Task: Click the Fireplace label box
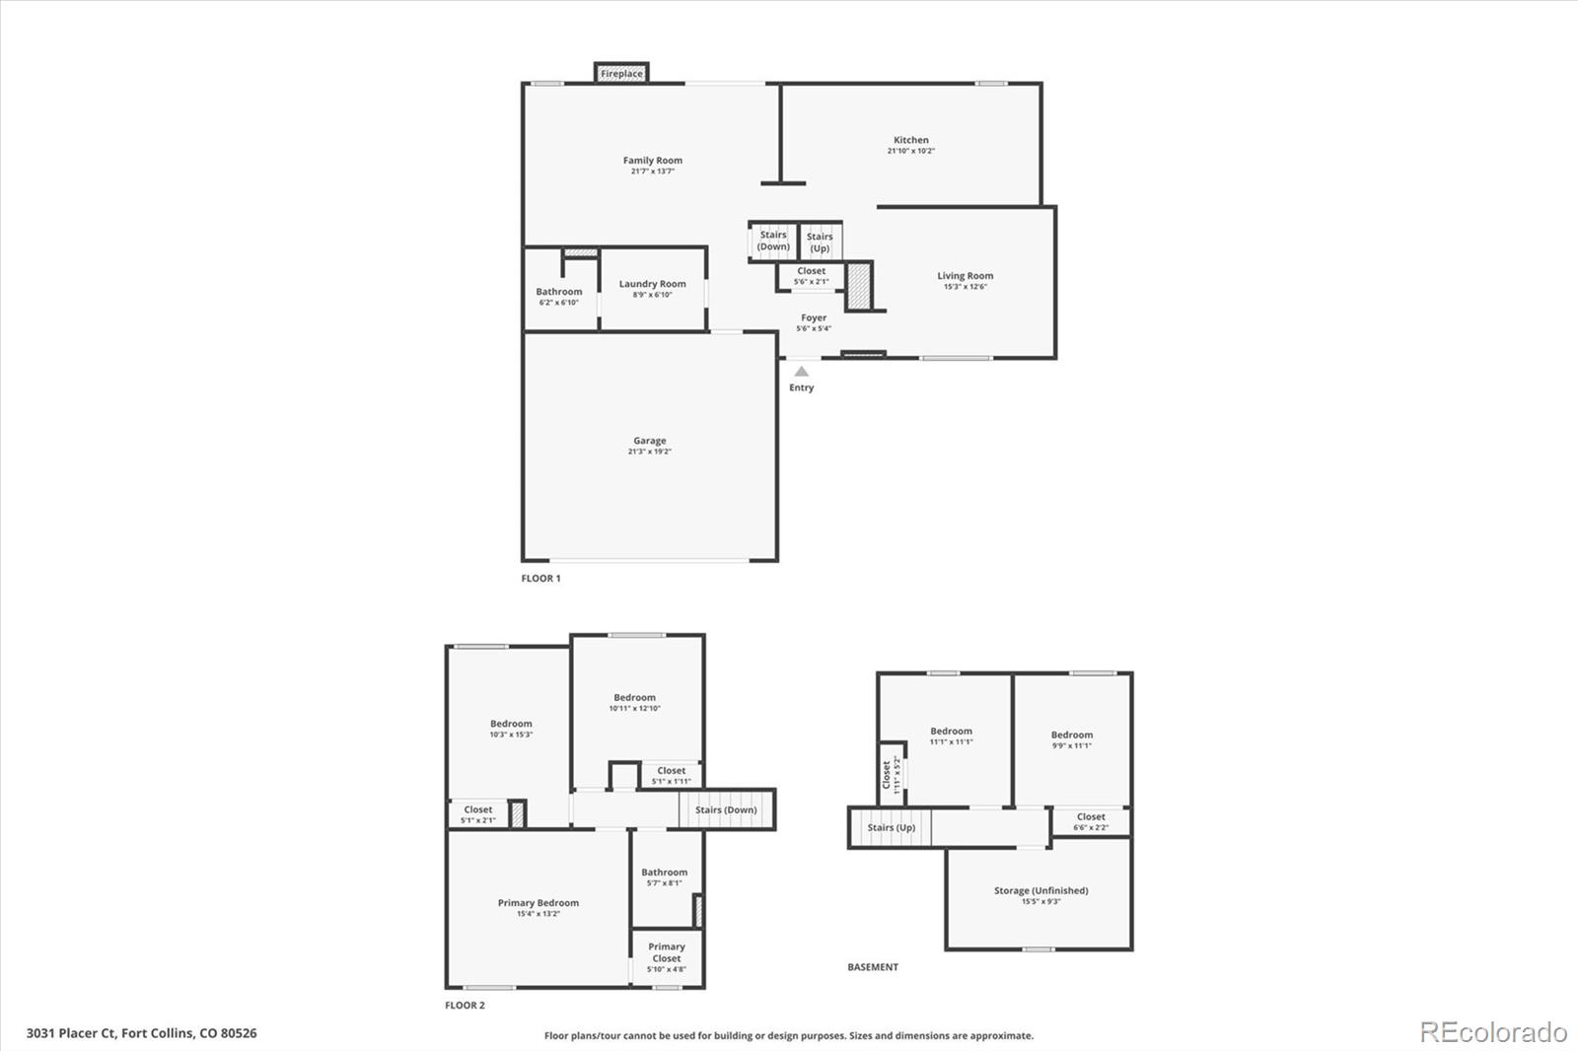(621, 74)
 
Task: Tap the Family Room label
(652, 161)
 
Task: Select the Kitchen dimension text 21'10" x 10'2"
(910, 152)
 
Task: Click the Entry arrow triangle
(802, 372)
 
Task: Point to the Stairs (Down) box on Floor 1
(773, 241)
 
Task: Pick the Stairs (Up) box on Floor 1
(820, 243)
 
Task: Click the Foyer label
(814, 318)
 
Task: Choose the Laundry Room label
(652, 284)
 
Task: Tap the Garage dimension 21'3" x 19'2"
(649, 452)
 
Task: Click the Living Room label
(965, 276)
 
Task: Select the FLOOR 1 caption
(540, 579)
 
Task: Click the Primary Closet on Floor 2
(667, 957)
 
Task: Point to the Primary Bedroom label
(538, 903)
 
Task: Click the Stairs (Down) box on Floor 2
(726, 810)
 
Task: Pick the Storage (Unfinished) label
(1040, 890)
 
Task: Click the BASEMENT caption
(873, 967)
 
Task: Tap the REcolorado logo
(1493, 1032)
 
